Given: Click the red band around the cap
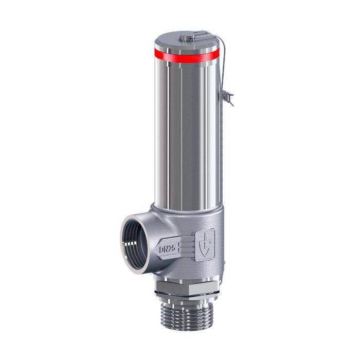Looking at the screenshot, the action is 186,56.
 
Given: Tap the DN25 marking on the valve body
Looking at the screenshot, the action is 167,249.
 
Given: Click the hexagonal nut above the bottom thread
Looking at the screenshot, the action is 186,287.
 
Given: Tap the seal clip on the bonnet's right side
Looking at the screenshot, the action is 228,98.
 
